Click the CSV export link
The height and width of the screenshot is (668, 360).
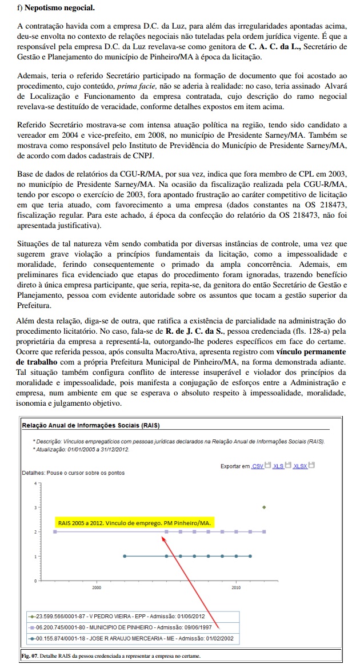258,466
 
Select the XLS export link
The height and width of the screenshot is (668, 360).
278,466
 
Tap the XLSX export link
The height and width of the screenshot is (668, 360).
300,466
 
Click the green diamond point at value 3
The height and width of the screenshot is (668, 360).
264,507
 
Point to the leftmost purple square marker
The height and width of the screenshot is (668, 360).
55,531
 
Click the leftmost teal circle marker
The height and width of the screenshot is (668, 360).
125,555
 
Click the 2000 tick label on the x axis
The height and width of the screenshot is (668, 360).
97,587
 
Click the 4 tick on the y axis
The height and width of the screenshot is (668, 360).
35,483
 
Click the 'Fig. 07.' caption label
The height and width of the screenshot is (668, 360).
29,655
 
